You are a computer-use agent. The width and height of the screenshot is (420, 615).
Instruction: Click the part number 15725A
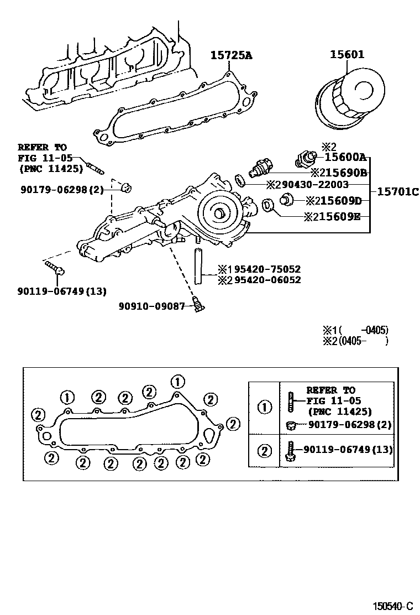tap(231, 55)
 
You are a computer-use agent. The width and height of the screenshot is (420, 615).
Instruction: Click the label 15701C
tap(398, 192)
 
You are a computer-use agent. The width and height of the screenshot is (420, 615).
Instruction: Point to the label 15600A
tap(345, 157)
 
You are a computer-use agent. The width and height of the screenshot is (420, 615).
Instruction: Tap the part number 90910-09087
tap(151, 305)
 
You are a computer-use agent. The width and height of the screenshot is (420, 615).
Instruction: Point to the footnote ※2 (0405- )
tap(356, 341)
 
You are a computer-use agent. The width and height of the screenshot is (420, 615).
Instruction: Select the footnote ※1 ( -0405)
tap(356, 330)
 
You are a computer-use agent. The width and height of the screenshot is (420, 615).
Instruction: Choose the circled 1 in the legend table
tap(265, 408)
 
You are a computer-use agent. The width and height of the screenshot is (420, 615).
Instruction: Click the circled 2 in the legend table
tap(265, 451)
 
